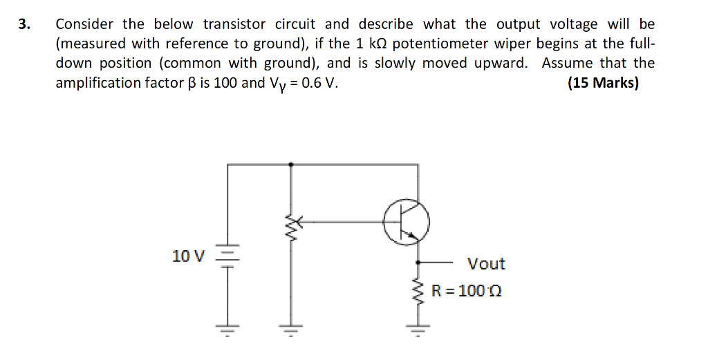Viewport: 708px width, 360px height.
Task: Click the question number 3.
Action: [24, 25]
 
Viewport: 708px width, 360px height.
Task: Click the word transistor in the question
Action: [236, 24]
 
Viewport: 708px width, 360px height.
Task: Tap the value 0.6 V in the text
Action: [317, 84]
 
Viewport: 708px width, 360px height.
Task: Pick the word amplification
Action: [97, 84]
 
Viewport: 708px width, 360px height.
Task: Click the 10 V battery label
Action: [188, 256]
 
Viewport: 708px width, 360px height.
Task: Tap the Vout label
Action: [486, 264]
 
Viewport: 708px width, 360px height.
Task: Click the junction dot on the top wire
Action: [290, 164]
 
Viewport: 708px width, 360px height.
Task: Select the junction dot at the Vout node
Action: [418, 263]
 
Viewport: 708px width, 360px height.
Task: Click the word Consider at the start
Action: [84, 24]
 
